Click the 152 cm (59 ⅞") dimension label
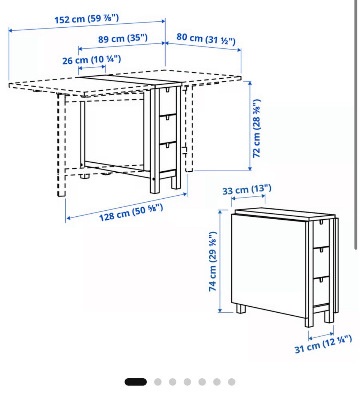(87, 18)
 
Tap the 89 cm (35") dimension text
(123, 38)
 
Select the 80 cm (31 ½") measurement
(206, 39)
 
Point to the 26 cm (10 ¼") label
(91, 60)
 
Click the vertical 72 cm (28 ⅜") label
(257, 128)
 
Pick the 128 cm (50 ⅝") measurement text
(131, 213)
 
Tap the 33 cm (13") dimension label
(247, 190)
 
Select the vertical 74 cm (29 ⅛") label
(213, 261)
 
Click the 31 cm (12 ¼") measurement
(323, 344)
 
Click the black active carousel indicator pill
(136, 382)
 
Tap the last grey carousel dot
(232, 382)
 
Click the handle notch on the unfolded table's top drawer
(167, 90)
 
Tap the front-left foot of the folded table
(241, 309)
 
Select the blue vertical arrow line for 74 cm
(220, 261)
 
